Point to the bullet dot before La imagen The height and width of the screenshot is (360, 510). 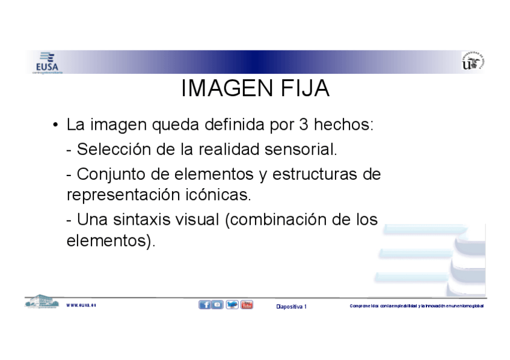pyautogui.click(x=55, y=126)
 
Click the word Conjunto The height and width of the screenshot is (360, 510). pyautogui.click(x=114, y=174)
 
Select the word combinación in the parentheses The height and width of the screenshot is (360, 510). pyautogui.click(x=278, y=219)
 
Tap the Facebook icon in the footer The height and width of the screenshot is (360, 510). pyautogui.click(x=204, y=305)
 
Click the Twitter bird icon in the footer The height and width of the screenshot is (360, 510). pyautogui.click(x=232, y=305)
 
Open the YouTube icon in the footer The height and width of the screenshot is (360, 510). pyautogui.click(x=247, y=305)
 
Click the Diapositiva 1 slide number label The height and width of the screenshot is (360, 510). pyautogui.click(x=291, y=307)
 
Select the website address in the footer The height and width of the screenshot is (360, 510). pyautogui.click(x=81, y=305)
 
